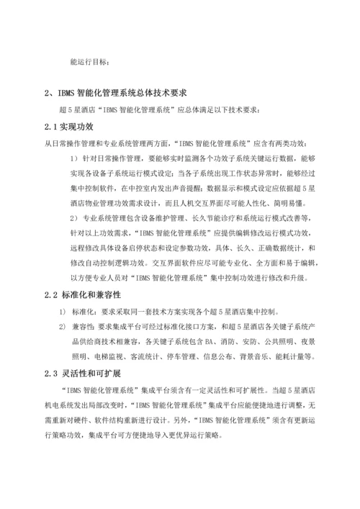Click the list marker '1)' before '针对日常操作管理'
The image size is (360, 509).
73,143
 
